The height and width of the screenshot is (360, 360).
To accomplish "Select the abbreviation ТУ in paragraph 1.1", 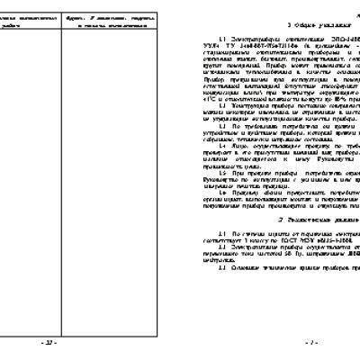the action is [237, 49].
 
